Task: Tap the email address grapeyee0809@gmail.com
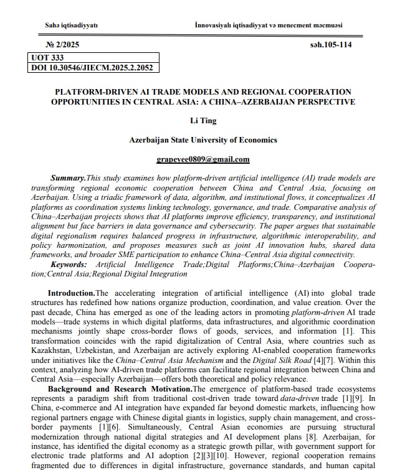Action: [203, 159]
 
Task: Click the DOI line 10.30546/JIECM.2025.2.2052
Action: [92, 67]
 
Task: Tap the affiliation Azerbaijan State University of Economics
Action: [203, 140]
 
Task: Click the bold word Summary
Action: [68, 178]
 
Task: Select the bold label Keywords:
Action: [70, 265]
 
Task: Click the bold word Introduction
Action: [71, 293]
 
